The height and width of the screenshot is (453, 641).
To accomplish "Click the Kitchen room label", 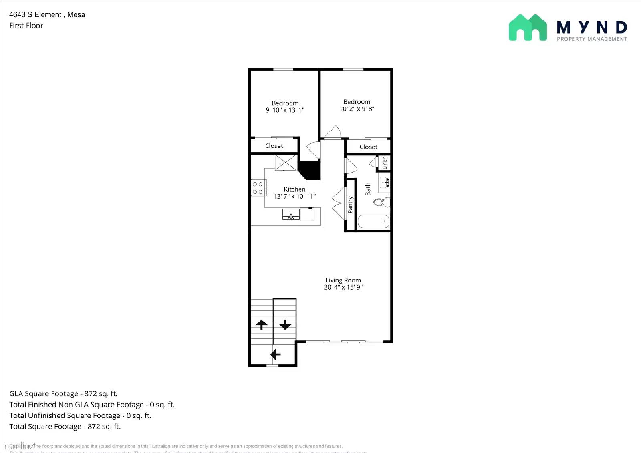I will (x=294, y=189).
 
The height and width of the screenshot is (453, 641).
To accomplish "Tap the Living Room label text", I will (x=343, y=280).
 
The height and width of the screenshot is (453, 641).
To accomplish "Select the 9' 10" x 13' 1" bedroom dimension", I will (x=285, y=110).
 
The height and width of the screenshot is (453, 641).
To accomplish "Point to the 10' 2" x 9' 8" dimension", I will (x=357, y=109).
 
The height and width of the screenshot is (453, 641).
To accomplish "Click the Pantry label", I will (x=350, y=205).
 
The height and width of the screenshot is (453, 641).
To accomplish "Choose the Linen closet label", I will (x=385, y=163).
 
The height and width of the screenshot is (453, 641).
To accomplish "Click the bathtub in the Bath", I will (x=373, y=221).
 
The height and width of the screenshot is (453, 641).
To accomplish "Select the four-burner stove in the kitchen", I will (x=258, y=188).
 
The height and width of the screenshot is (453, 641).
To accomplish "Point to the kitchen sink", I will (x=291, y=215).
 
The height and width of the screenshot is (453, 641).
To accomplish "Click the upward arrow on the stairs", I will (x=262, y=324).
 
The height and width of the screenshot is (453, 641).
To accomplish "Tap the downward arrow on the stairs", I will (x=285, y=324).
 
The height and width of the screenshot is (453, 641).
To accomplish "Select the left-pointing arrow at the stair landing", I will (x=276, y=354).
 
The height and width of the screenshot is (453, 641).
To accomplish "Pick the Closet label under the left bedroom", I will (x=274, y=146).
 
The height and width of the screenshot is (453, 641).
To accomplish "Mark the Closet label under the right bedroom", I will (x=368, y=147).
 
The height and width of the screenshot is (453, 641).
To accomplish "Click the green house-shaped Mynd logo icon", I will (x=528, y=28).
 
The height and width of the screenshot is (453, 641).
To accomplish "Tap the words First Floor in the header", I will (x=26, y=26).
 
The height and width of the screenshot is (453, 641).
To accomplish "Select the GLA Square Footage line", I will (x=63, y=394).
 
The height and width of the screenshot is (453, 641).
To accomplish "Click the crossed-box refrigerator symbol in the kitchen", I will (x=286, y=163).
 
